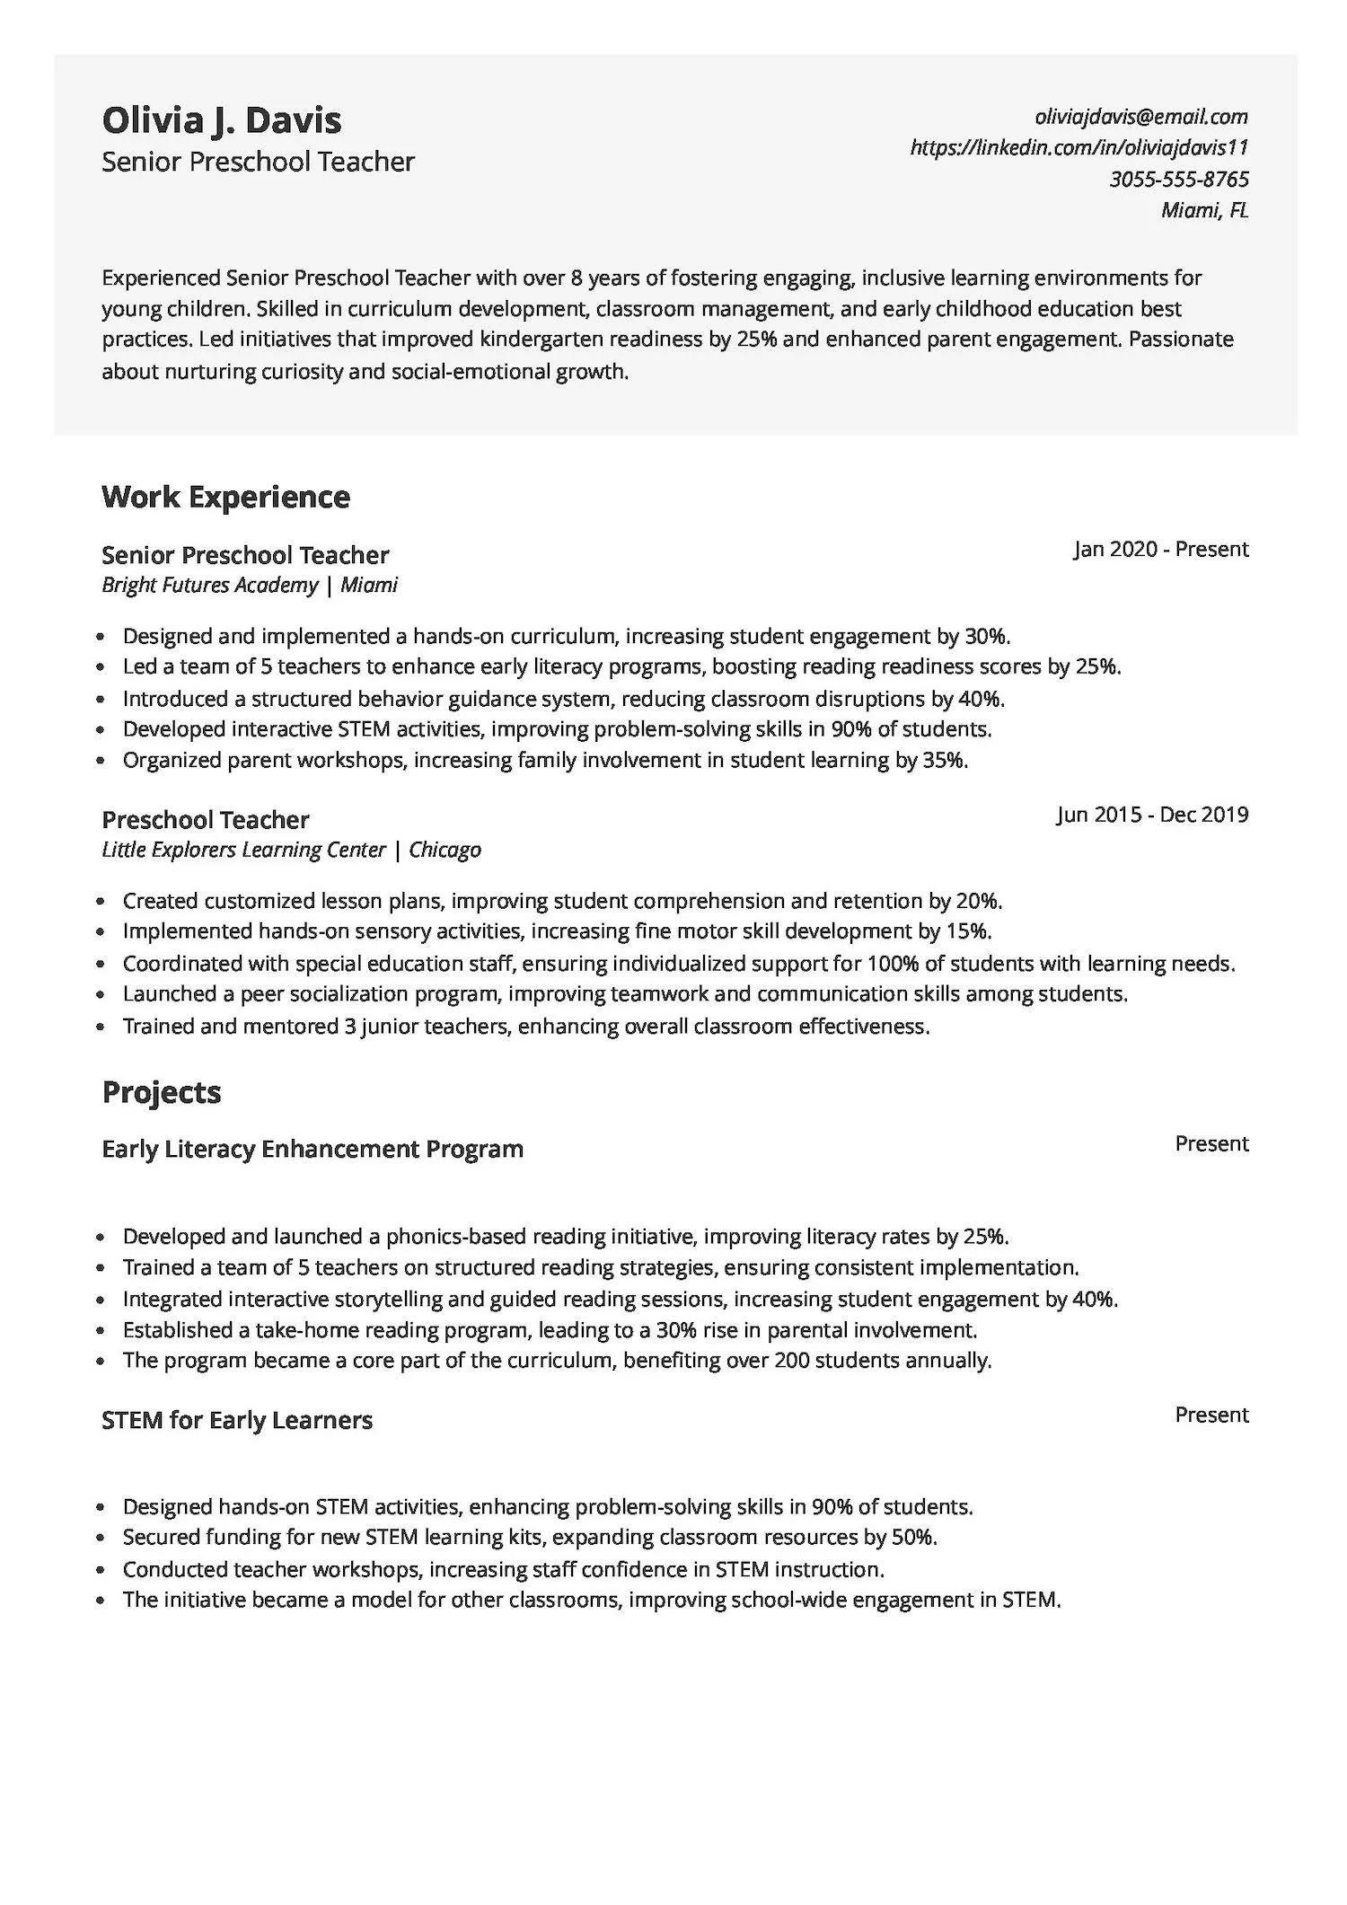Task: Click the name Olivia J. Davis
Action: (221, 120)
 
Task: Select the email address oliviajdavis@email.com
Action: (1140, 116)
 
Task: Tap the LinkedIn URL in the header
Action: (1078, 147)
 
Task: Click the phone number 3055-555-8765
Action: (1178, 179)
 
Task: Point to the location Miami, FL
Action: (1203, 210)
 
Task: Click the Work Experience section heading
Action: (225, 497)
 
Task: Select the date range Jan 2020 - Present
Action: (1160, 549)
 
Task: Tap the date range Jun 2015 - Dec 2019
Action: (1151, 815)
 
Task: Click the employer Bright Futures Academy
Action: (209, 586)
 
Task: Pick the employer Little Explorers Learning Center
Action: (243, 850)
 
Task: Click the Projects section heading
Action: (161, 1092)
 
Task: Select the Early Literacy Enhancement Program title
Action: (312, 1149)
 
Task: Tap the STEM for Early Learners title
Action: (236, 1420)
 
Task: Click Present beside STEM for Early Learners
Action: (1211, 1415)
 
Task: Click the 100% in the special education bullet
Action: (892, 964)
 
